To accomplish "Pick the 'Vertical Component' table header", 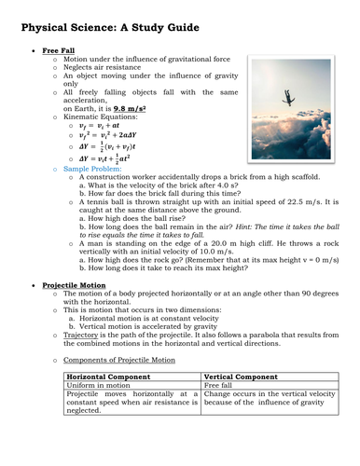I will point(242,378).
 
